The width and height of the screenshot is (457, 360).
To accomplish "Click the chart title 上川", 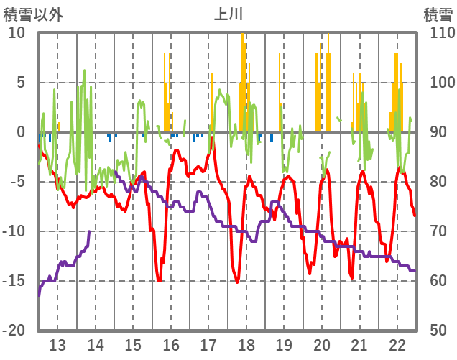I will coord(228,14).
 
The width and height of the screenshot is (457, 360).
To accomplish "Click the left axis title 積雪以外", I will coord(33,14).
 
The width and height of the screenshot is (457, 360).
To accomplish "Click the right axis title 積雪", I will coord(438,14).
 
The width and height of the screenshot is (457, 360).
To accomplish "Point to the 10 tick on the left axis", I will coord(17,33).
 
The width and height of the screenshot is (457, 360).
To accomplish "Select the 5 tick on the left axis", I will coord(21,83).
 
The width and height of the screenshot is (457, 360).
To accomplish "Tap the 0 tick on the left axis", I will coord(21,132).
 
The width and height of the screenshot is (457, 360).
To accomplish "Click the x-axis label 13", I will coord(57,343).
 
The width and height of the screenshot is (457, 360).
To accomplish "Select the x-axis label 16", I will coord(171,343).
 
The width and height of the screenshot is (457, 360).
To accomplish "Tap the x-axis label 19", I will coord(284,343).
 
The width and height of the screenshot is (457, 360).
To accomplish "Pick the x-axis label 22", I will coord(397,343).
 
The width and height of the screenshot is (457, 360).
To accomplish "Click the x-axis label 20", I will coord(322,343).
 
